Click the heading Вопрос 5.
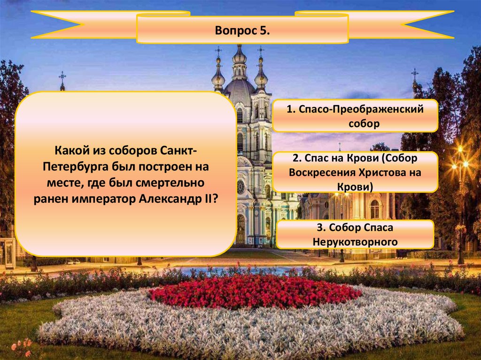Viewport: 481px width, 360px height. pos(242,31)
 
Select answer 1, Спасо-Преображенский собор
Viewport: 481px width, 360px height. pos(355,116)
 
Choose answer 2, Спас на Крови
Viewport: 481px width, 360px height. pos(355,172)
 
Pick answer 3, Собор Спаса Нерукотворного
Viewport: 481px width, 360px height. pos(355,234)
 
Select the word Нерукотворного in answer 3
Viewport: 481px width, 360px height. pos(355,242)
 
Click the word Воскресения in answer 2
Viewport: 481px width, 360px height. pos(322,172)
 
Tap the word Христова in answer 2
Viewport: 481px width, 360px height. pos(383,172)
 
